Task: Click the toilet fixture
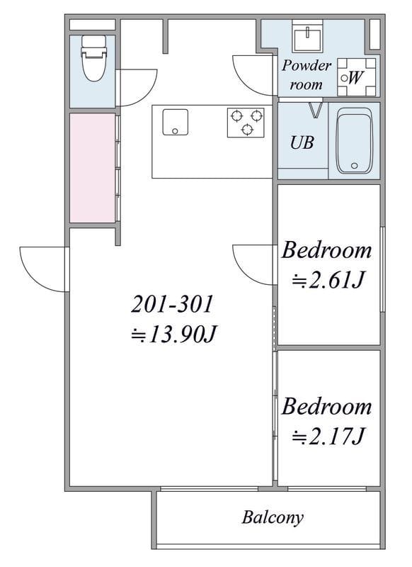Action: click(94, 58)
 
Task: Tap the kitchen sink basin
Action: click(175, 122)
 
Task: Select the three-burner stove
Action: click(246, 123)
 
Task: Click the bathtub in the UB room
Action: click(354, 141)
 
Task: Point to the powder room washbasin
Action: click(308, 36)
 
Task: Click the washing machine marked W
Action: click(356, 77)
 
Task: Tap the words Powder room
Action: click(307, 75)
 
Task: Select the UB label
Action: click(302, 142)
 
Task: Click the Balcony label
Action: click(273, 517)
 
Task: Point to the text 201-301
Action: click(172, 304)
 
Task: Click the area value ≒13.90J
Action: click(173, 335)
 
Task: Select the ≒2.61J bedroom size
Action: click(327, 280)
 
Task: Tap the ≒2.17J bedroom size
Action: click(327, 437)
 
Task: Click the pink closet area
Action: click(93, 168)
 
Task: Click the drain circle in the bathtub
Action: click(354, 166)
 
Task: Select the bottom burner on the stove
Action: click(246, 129)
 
